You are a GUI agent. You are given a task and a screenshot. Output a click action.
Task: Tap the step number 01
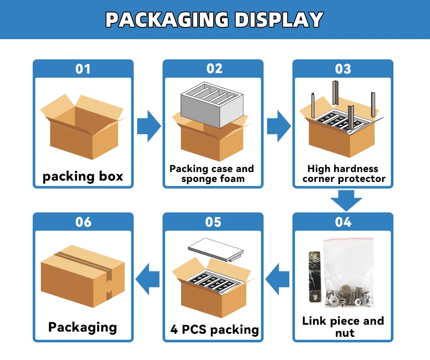[83, 69]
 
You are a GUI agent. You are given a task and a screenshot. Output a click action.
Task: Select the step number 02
[214, 69]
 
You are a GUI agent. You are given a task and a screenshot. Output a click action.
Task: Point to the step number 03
[343, 69]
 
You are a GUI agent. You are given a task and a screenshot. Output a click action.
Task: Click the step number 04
[343, 222]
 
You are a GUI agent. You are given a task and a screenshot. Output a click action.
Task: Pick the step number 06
[83, 222]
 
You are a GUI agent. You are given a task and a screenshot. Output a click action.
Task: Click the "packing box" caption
[83, 176]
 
